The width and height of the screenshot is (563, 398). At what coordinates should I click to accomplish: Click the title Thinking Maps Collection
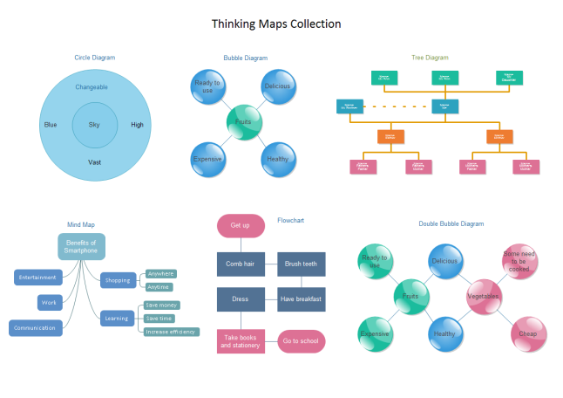point(276,24)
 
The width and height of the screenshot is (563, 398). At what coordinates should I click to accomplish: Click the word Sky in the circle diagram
point(94,125)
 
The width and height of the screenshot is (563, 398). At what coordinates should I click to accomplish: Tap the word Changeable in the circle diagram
point(92,87)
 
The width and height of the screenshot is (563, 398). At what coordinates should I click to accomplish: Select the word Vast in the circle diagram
point(94,162)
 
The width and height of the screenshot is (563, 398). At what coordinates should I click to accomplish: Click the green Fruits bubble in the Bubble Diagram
point(243,122)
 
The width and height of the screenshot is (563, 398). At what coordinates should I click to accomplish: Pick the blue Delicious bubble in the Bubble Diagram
point(278,87)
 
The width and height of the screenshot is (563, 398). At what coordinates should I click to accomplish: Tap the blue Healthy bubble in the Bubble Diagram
point(278,159)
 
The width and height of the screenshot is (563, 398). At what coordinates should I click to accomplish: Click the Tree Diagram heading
point(430,58)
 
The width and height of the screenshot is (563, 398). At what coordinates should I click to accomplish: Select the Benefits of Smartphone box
point(81,246)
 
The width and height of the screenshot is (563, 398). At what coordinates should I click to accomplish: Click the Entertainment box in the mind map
point(37,278)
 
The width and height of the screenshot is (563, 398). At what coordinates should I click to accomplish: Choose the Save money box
point(162,305)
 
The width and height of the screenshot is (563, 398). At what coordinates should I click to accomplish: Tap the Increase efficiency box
point(170,332)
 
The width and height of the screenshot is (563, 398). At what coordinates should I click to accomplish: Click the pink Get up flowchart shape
point(241,225)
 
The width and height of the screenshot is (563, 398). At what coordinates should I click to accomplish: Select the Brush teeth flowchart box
point(301,263)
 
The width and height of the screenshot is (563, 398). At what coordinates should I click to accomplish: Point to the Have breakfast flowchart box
point(301,299)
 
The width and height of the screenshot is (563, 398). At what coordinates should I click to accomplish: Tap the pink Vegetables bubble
point(484,297)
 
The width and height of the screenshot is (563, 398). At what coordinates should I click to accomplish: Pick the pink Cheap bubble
point(528,333)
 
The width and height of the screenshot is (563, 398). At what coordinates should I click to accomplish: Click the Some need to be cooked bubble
point(519,261)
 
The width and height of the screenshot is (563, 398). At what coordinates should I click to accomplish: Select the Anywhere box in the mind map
point(159,274)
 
